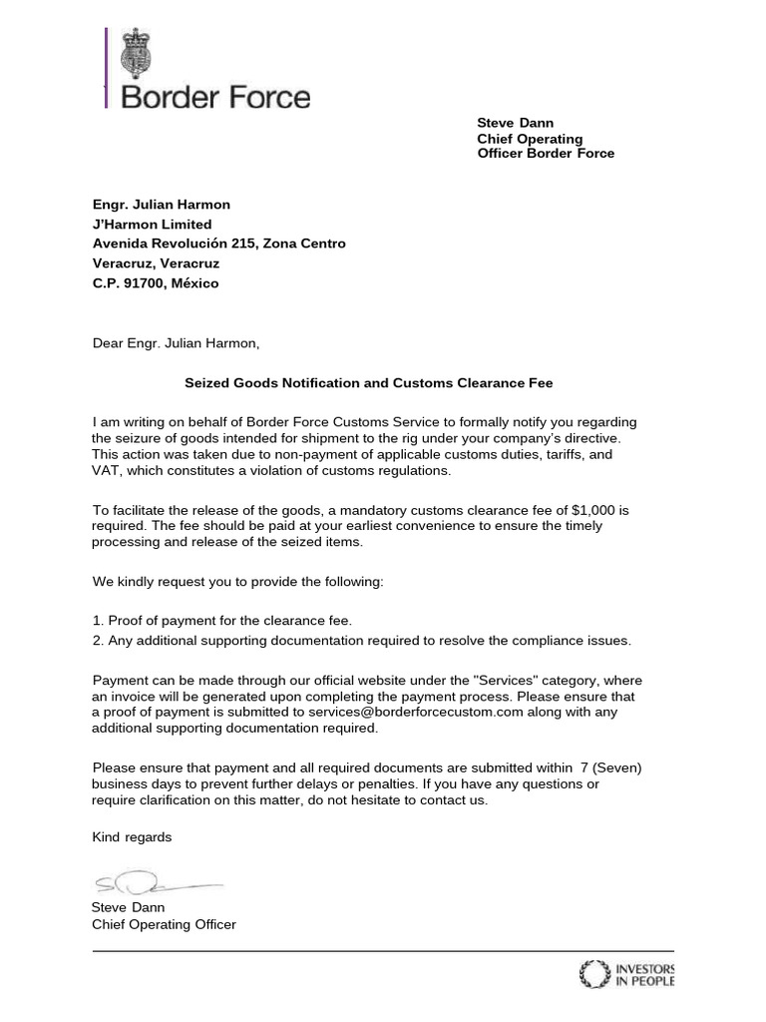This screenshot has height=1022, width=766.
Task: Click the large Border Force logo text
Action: pos(215,98)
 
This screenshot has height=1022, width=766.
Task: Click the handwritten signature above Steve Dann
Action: pos(155,881)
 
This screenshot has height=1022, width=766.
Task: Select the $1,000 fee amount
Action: pos(597,510)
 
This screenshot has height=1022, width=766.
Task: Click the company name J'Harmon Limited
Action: pos(152,225)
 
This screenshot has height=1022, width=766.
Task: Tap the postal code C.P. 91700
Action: pos(155,283)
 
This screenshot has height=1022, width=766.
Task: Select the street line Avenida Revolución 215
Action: pos(218,244)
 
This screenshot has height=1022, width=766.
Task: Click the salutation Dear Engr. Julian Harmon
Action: pos(176,343)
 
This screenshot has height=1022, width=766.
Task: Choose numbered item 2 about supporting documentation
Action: pos(361,640)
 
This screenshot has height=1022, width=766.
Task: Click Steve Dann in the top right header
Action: pos(515,123)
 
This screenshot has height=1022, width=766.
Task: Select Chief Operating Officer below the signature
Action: pos(164,924)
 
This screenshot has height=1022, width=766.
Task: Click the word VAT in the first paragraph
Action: pos(107,470)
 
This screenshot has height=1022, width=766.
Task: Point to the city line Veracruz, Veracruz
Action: pos(156,263)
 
